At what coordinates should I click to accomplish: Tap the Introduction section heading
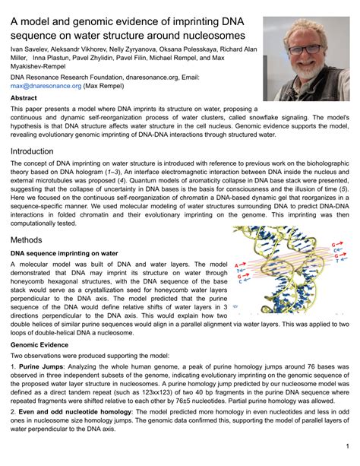pyautogui.click(x=37, y=151)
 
